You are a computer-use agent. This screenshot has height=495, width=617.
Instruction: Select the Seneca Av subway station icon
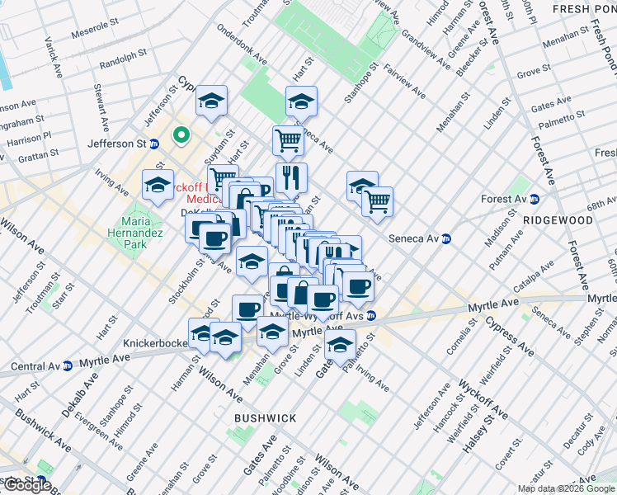coord(446,239)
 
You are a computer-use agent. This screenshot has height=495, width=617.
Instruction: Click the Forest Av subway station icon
coord(535,199)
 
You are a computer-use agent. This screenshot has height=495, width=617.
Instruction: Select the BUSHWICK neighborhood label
coord(265,418)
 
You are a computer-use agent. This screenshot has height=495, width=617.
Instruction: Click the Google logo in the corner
coord(26,485)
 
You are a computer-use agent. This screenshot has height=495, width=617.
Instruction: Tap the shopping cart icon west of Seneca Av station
coord(377,200)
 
